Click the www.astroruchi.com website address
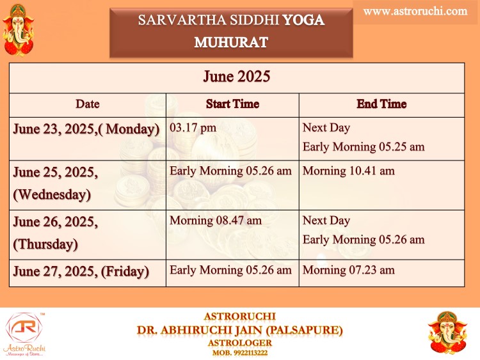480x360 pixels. pos(415,12)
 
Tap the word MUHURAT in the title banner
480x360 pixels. pos(231,42)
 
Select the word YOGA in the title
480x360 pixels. pos(303,20)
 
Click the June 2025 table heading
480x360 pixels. pos(237,76)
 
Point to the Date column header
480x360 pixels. pos(88,104)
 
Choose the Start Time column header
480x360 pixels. pos(233,104)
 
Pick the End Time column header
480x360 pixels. pos(381,104)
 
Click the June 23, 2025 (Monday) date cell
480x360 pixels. pos(86,129)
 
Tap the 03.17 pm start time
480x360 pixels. pos(193,127)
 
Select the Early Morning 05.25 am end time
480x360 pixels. pos(364,147)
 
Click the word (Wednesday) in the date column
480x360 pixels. pos(52,194)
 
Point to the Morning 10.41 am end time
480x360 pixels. pos(349,171)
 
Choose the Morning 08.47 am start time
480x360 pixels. pos(216,220)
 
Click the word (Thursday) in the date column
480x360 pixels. pos(45,244)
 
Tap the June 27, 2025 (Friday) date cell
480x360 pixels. pos(81,271)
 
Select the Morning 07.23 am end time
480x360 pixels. pos(349,270)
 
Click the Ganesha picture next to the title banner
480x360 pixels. pos(19,30)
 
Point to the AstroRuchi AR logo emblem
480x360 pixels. pos(24,328)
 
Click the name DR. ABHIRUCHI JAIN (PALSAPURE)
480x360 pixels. pos(240,331)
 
